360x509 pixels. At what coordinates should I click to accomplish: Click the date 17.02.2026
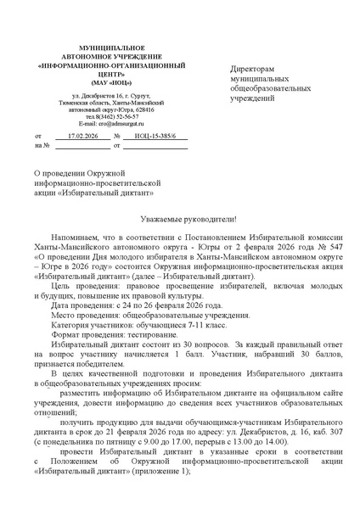point(83,136)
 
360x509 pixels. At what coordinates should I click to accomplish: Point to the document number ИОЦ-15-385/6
point(155,136)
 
